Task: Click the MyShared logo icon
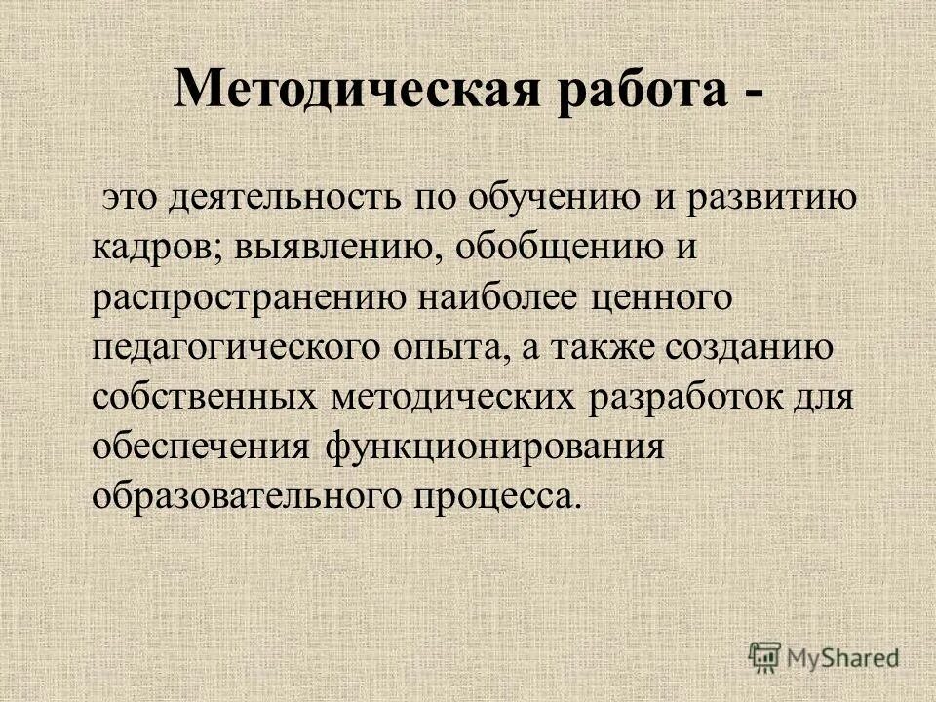765,657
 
